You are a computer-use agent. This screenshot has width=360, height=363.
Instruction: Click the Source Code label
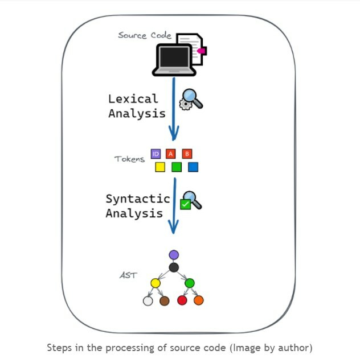click(x=144, y=35)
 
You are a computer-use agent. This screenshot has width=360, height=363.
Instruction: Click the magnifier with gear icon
click(x=191, y=100)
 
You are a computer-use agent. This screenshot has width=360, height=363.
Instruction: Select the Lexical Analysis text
click(x=137, y=106)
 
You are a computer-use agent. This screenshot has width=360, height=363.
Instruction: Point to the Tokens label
click(x=129, y=159)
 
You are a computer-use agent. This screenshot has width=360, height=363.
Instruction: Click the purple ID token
click(x=156, y=154)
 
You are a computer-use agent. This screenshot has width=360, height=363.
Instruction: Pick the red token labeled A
click(x=170, y=154)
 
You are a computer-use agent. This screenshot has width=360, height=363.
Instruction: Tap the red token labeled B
click(x=187, y=154)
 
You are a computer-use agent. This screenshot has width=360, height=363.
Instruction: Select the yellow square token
click(x=160, y=167)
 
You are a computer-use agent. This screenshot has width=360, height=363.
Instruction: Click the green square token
click(x=177, y=167)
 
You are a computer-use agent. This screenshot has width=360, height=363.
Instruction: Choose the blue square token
click(x=193, y=167)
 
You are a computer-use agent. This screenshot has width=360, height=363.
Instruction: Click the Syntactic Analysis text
click(x=137, y=206)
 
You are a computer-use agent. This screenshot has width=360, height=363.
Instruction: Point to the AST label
click(x=128, y=275)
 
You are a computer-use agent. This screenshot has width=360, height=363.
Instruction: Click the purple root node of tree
click(x=174, y=254)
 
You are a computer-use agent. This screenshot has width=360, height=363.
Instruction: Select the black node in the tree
click(x=174, y=267)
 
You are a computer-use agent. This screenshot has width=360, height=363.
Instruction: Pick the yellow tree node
click(x=156, y=282)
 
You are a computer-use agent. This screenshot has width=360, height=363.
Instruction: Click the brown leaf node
click(x=165, y=300)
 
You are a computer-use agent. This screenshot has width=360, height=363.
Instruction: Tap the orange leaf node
click(x=199, y=300)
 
